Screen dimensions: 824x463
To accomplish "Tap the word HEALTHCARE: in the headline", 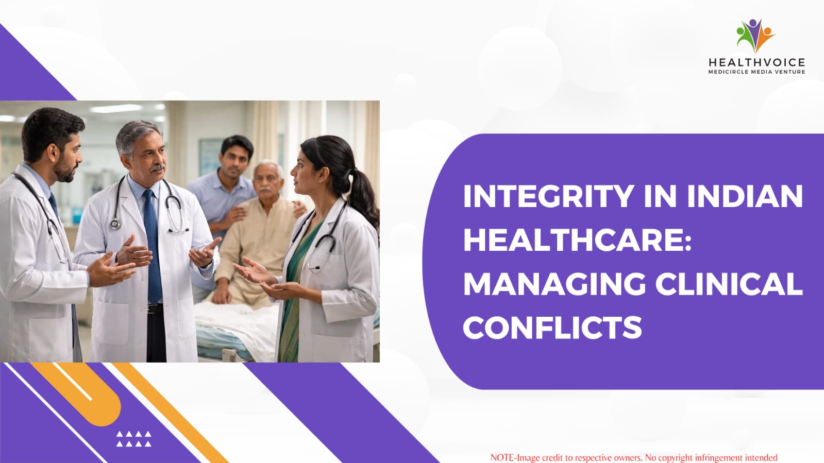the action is (x=577, y=240).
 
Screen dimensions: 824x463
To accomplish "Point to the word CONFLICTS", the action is (x=552, y=328).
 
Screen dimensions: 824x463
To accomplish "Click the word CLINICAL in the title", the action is (x=729, y=284).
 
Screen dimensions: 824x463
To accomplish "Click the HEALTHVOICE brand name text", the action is (x=756, y=62).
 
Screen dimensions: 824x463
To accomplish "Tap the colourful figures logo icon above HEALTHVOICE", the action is (x=755, y=36).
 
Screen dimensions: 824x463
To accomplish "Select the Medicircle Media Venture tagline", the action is (x=756, y=72).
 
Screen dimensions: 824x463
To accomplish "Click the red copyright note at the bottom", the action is (x=634, y=457).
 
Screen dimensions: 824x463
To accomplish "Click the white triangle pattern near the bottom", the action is (x=134, y=439).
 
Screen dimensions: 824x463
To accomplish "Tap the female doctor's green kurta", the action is (x=294, y=294).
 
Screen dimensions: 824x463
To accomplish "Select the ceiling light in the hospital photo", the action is (x=116, y=108).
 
